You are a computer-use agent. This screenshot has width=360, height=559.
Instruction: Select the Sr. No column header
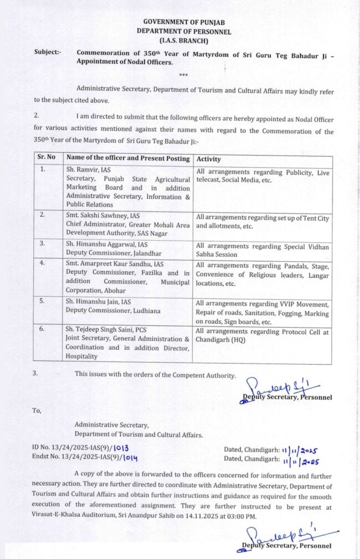pyautogui.click(x=47, y=157)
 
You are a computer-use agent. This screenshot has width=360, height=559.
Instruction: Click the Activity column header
pyautogui.click(x=208, y=159)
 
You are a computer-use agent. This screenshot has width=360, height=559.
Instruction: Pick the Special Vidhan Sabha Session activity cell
pyautogui.click(x=263, y=250)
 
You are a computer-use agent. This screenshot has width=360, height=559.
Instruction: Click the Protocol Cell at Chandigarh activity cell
pyautogui.click(x=263, y=335)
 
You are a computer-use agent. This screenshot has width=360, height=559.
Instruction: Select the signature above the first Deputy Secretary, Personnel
pyautogui.click(x=285, y=386)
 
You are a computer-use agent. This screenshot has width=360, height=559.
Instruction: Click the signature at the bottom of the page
pyautogui.click(x=285, y=535)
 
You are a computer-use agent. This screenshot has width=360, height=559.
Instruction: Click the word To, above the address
pyautogui.click(x=37, y=411)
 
